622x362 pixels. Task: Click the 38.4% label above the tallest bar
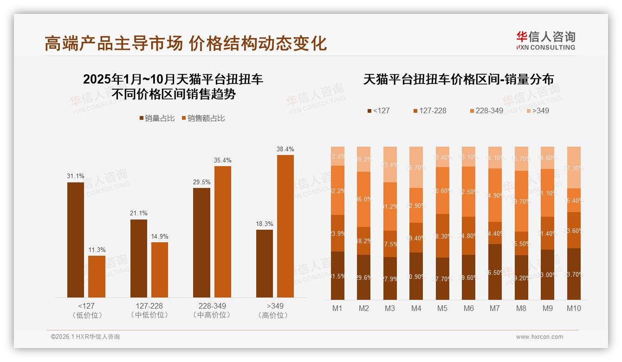[x=285, y=149]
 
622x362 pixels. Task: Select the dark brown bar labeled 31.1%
[x=76, y=239]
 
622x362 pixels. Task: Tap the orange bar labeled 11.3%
[x=97, y=276]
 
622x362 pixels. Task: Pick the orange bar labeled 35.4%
[x=222, y=232]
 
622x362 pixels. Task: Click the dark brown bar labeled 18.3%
[x=265, y=263]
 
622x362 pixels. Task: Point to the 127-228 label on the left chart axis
[x=149, y=306]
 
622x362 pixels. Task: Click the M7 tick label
[x=495, y=308]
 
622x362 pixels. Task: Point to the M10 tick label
[x=574, y=308]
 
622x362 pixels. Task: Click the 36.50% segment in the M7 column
[x=495, y=272]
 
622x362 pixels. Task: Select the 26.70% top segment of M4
[x=416, y=167]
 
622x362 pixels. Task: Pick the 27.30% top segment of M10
[x=574, y=168]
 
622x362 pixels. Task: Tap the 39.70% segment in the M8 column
[x=521, y=201]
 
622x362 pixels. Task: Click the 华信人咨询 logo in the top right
[x=545, y=40]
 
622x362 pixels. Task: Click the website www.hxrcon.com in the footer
[x=539, y=337]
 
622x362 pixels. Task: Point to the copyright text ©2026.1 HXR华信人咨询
[x=85, y=337]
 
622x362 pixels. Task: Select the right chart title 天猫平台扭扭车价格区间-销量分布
[x=458, y=79]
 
